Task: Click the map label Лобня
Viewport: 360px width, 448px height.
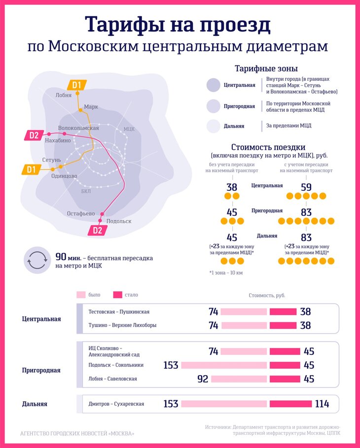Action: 64,96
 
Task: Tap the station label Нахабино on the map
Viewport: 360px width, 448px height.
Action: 58,140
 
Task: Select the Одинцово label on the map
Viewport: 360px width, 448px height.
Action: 64,176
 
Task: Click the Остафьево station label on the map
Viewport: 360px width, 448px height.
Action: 81,213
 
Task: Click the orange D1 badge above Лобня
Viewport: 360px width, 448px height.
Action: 76,85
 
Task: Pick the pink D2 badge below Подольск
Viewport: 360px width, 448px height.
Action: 97,230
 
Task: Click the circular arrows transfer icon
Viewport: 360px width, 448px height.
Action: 37,260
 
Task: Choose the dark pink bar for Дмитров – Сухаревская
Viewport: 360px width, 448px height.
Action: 290,404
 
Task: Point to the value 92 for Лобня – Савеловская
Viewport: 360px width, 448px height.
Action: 202,379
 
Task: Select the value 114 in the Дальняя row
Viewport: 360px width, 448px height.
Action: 322,404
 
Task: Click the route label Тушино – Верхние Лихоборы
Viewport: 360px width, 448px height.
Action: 122,325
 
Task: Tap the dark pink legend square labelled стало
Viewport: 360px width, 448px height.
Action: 117,295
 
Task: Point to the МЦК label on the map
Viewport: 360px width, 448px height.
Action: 129,129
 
